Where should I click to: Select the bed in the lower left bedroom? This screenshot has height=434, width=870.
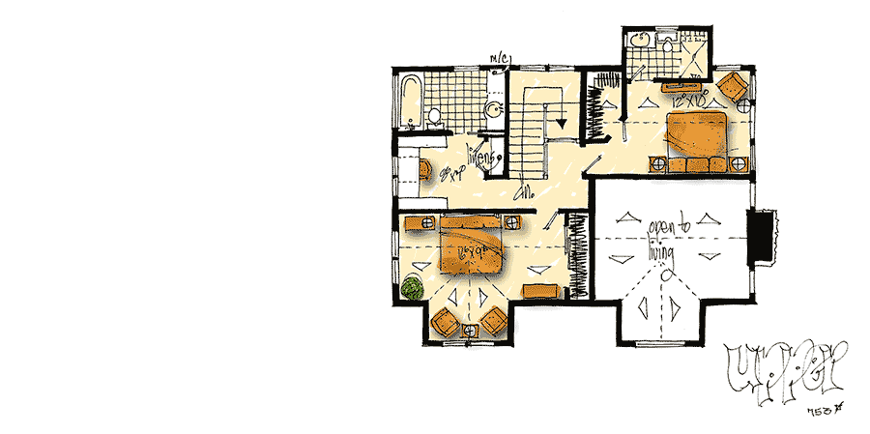(471, 249)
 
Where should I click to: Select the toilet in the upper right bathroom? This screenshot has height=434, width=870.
(668, 42)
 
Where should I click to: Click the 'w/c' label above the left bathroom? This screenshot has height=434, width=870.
(502, 61)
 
